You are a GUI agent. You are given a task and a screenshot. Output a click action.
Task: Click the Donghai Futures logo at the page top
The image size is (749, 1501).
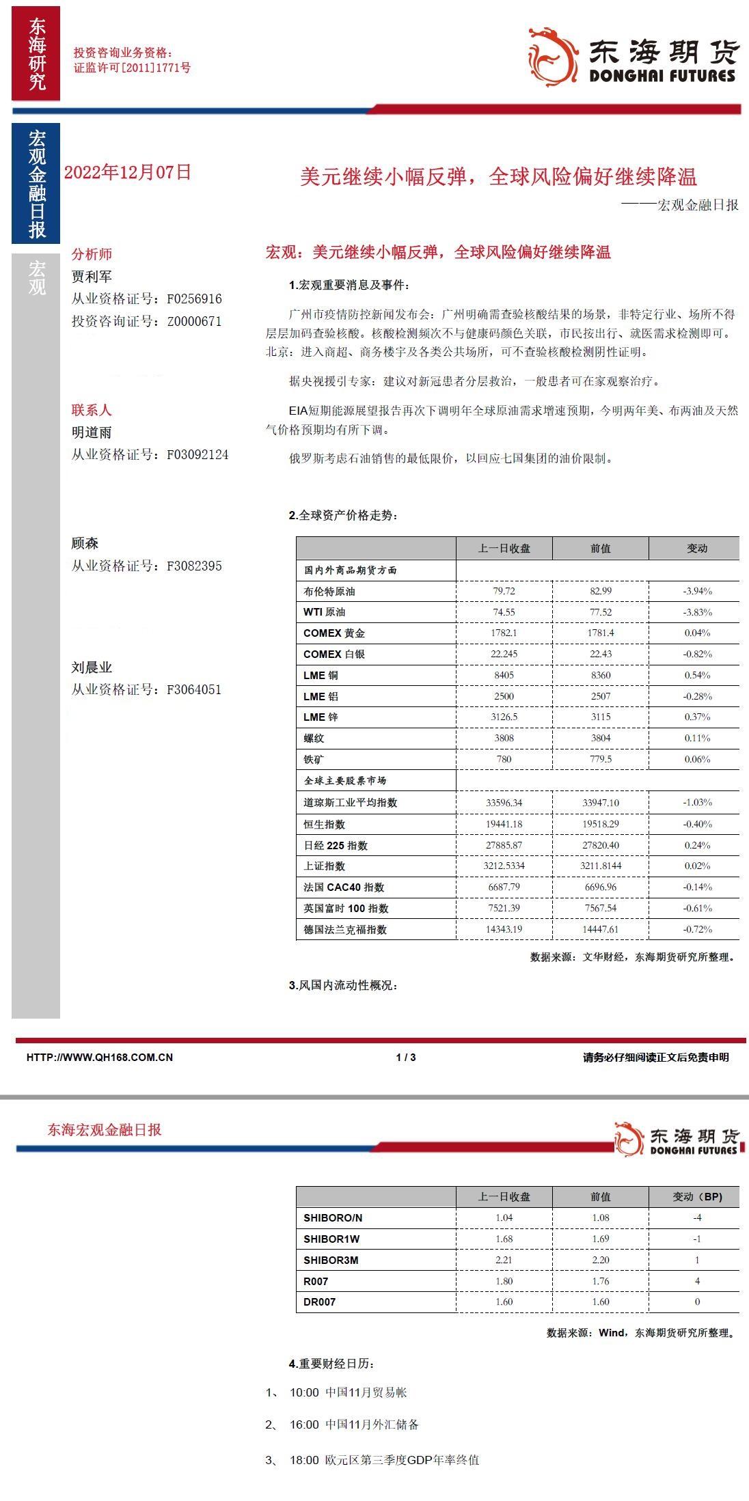[633, 57]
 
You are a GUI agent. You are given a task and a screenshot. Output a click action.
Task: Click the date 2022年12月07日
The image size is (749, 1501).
[128, 173]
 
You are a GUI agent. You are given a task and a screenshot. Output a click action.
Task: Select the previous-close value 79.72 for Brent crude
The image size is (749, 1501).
[504, 591]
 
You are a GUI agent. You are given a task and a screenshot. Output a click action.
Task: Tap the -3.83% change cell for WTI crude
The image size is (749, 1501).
[697, 612]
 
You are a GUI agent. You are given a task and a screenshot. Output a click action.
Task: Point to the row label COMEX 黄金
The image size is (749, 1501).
[334, 633]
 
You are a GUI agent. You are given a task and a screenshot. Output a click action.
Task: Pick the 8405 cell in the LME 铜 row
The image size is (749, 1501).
[504, 675]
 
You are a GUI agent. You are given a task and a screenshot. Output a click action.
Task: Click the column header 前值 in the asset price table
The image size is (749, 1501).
[600, 549]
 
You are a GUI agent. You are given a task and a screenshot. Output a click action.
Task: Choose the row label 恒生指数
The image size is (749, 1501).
[325, 825]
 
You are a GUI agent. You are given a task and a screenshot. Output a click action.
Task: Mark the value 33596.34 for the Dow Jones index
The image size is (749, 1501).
[504, 803]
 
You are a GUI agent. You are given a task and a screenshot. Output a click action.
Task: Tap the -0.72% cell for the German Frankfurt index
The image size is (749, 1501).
[697, 929]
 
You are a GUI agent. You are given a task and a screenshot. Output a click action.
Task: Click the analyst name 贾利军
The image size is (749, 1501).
[92, 277]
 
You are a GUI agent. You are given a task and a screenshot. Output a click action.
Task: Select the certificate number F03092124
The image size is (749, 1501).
[198, 454]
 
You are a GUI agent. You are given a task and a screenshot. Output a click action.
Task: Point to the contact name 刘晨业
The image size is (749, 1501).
[92, 667]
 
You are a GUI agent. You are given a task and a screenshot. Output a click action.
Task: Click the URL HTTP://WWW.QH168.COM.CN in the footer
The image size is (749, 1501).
[100, 1057]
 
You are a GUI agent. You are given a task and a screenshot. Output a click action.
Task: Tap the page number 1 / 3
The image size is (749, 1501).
[406, 1057]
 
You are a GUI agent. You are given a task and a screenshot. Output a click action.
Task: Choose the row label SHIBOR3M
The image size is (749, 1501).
[331, 1260]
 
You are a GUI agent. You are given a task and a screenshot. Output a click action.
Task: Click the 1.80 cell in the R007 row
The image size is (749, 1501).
[504, 1281]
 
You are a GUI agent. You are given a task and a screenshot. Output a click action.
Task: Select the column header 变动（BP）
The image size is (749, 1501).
[697, 1197]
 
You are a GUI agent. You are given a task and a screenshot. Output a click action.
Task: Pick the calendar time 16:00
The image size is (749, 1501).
[304, 1424]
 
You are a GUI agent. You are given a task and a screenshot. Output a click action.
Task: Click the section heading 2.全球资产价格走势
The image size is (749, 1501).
[343, 515]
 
